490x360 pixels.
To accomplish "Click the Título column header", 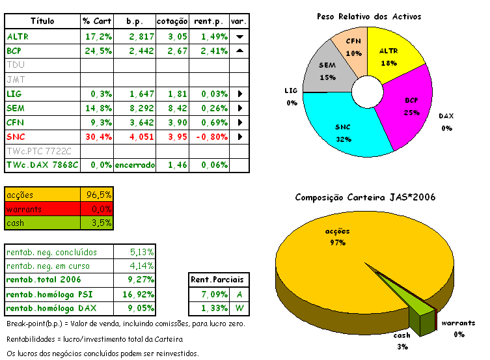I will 42,21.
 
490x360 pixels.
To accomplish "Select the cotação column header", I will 172,21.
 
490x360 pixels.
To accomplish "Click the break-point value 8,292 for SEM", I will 135,108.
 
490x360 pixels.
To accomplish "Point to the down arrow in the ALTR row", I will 239,36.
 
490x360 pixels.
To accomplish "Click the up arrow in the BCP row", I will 239,51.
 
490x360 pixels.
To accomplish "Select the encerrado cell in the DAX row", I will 135,165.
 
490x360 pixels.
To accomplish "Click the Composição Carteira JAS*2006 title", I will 365,197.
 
